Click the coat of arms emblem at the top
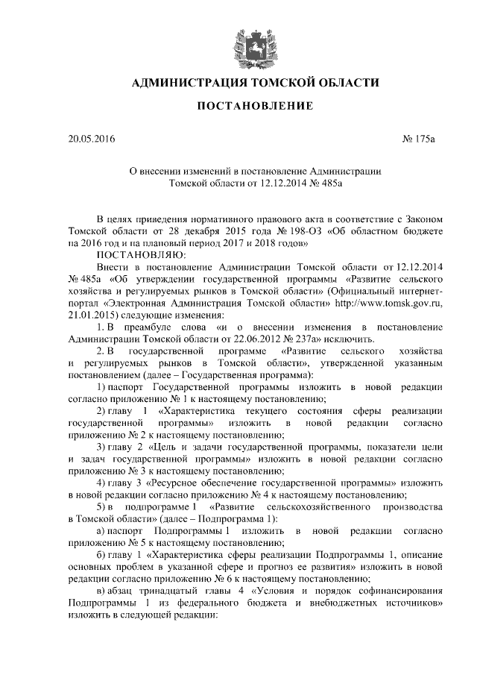click(245, 44)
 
